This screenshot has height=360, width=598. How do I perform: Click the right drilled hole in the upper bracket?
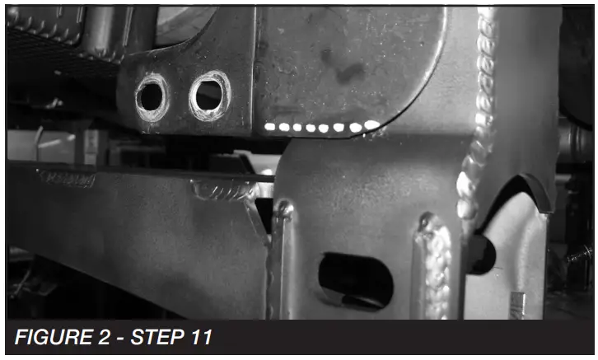point(209,95)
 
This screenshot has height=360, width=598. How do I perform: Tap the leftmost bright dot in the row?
point(270,127)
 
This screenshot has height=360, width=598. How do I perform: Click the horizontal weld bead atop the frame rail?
point(223,191)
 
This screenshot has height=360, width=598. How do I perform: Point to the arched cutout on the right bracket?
point(515,194)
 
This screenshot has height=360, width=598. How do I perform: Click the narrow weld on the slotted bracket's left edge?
point(281,247)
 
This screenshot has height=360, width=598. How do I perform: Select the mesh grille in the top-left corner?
point(49,41)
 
